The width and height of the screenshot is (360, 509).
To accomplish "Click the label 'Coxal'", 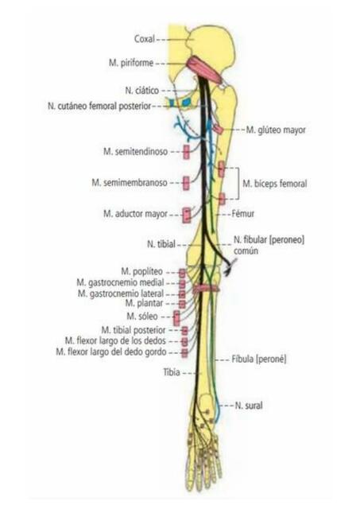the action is (145, 39).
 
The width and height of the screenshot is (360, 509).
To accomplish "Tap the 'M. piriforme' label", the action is (131, 63).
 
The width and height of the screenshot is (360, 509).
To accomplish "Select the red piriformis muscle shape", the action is (205, 69).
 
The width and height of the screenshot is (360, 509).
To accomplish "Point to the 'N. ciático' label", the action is (142, 90).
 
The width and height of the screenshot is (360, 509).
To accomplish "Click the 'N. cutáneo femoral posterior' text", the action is (99, 106).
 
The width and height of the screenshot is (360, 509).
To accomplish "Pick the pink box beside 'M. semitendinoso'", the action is (186, 152).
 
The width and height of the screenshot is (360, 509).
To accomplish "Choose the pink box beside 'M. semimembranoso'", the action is (186, 183).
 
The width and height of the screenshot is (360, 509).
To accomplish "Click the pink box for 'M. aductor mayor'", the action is (187, 215).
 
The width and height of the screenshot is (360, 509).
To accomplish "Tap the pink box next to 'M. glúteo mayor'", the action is (218, 129).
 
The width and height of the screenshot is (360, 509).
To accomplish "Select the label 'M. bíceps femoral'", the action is (275, 184).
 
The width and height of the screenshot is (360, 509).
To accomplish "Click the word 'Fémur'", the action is (243, 214).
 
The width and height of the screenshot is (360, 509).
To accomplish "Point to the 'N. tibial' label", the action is (161, 244).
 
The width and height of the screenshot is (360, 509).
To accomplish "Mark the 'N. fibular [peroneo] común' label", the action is (269, 245).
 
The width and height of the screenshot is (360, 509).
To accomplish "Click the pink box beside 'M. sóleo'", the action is (176, 318).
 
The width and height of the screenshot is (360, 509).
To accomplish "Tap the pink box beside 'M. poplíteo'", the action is (182, 273).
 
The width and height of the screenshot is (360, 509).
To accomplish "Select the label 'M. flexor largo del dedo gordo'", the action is (111, 352).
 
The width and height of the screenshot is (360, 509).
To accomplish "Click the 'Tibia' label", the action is (172, 372).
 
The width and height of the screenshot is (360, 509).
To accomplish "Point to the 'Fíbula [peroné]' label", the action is (259, 359).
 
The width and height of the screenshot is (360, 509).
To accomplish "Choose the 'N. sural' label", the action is (249, 406).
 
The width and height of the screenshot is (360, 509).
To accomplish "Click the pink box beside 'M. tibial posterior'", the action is (184, 331).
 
